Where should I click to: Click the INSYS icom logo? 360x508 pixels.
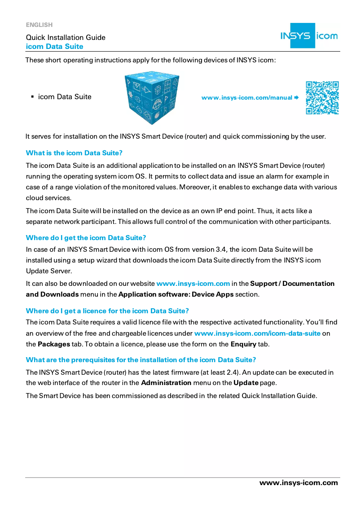tap(309, 35)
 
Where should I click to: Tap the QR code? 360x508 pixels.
tap(322, 97)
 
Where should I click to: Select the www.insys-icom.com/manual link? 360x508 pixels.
tap(246, 97)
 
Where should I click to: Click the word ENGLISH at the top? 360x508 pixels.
tap(39, 25)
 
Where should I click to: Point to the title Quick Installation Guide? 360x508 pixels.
tap(66, 37)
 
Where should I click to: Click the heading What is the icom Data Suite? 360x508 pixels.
tap(74, 153)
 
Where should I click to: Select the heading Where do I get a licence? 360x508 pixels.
tap(107, 311)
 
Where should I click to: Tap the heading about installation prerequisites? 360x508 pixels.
tap(141, 360)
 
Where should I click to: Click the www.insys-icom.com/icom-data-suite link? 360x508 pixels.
tap(257, 333)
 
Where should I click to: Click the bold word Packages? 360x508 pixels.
tap(53, 344)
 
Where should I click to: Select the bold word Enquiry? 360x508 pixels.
tap(243, 344)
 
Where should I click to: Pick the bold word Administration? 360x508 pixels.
tap(166, 383)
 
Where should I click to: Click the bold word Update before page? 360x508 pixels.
tap(246, 383)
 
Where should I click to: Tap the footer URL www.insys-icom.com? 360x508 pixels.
tap(299, 483)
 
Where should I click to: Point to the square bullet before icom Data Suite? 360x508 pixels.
tap(32, 97)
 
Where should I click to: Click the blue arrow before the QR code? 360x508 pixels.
tap(296, 97)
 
